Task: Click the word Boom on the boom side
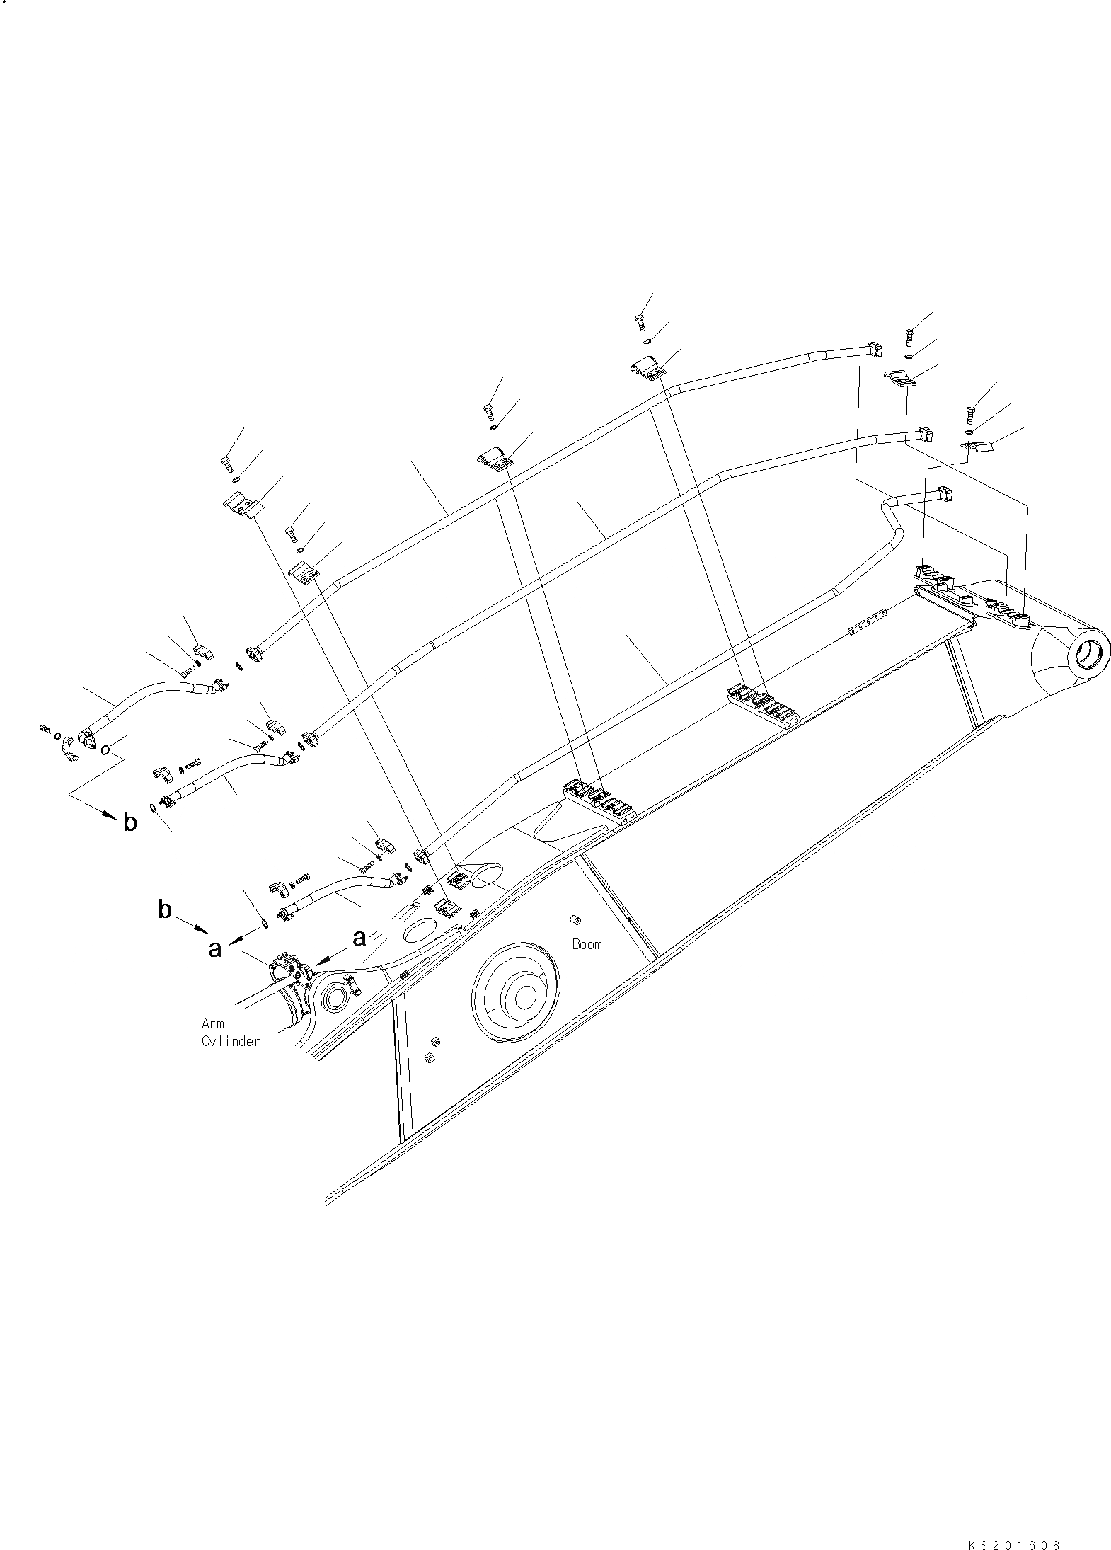(x=587, y=944)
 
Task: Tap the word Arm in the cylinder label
(x=212, y=1023)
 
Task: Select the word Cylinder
(x=231, y=1041)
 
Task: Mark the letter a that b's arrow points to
(x=214, y=948)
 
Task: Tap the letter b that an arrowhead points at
(x=130, y=822)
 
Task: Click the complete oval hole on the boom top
(x=419, y=929)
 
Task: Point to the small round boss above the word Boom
(x=575, y=921)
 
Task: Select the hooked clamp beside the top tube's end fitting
(x=901, y=379)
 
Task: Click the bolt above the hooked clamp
(x=909, y=333)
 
